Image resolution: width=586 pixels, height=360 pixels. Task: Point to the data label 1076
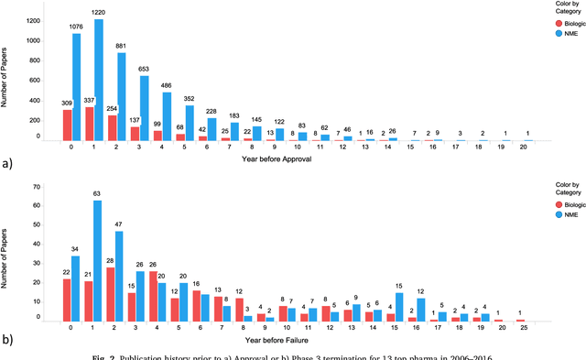point(76,27)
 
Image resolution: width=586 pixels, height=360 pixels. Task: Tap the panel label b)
point(8,341)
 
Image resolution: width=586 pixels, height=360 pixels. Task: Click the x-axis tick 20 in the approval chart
point(527,147)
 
